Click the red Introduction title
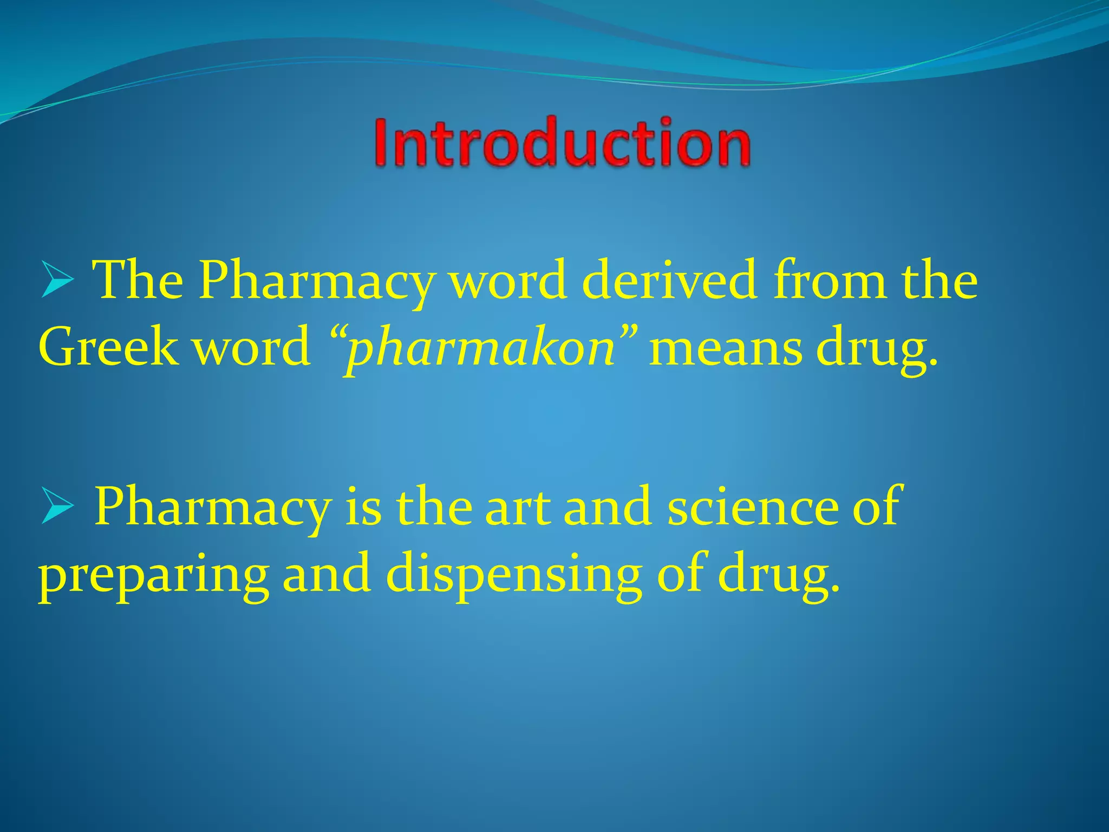pos(562,142)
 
